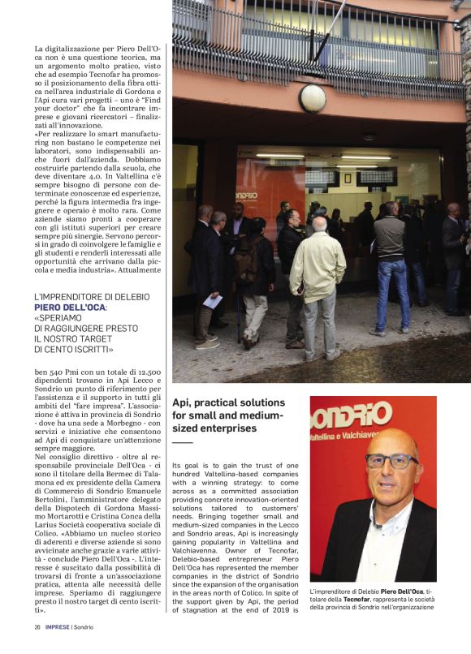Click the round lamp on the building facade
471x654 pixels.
[312, 98]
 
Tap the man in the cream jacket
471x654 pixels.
[318, 272]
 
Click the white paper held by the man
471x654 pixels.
[213, 302]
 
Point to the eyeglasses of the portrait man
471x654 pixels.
[391, 461]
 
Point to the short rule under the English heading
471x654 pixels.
[183, 442]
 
